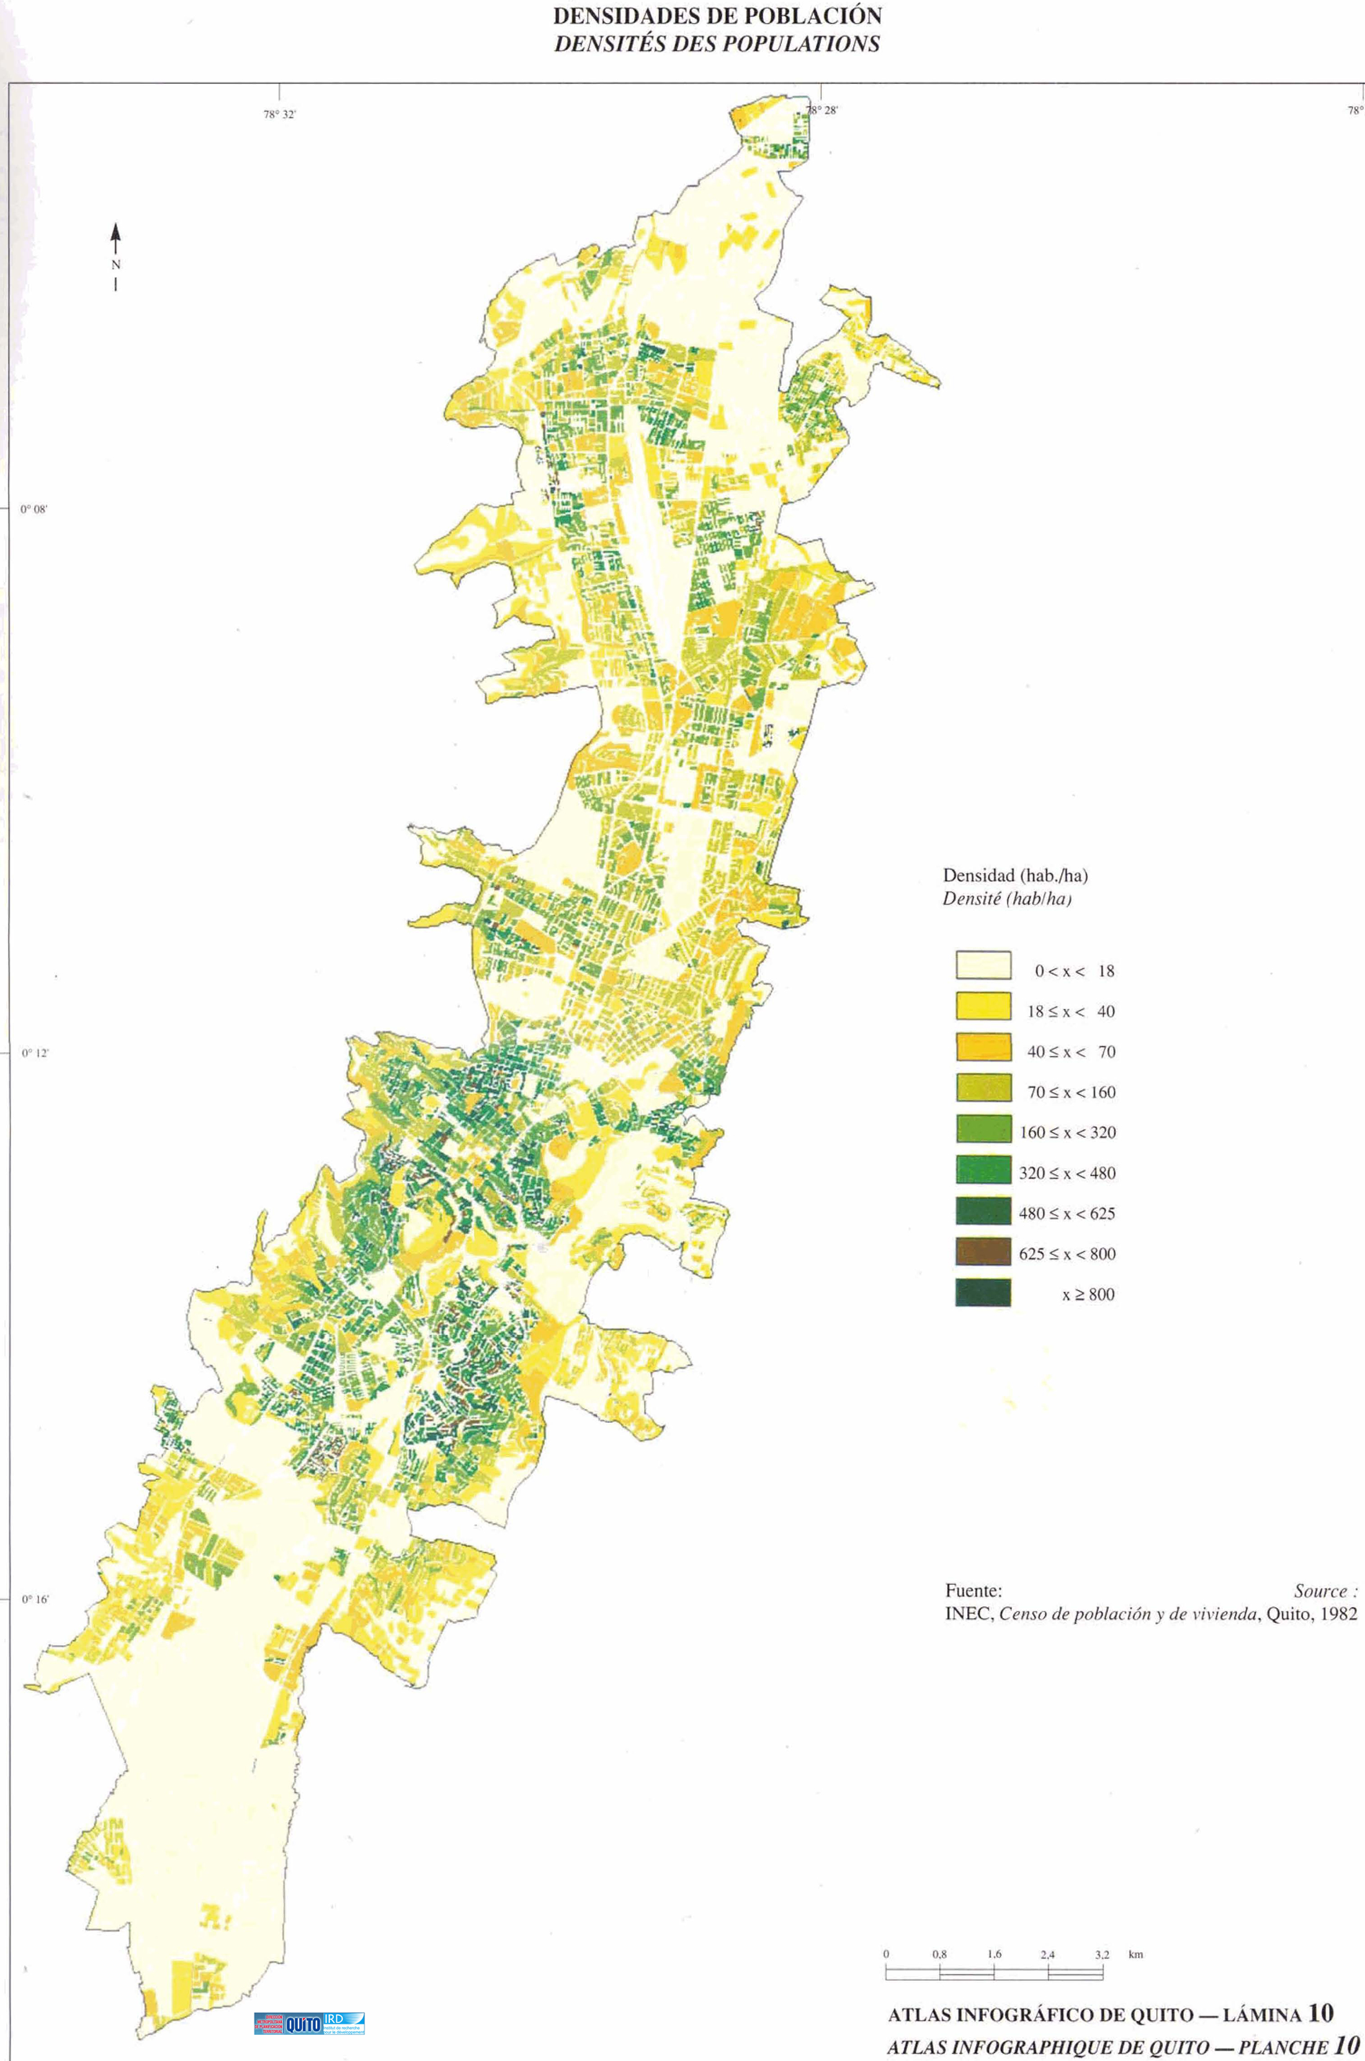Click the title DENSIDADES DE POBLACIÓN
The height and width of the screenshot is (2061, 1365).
717,16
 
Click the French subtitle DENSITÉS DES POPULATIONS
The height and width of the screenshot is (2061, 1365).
717,43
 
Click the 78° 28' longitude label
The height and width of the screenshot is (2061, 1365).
821,110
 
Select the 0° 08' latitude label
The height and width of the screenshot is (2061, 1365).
34,510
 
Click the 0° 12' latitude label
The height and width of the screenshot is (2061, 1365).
35,1053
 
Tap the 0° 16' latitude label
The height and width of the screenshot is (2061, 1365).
35,1600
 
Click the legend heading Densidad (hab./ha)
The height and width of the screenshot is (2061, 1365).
1015,876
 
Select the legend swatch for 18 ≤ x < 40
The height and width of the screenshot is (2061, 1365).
983,1006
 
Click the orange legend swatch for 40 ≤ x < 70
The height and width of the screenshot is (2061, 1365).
983,1047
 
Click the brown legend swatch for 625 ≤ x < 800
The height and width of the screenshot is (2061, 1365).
983,1251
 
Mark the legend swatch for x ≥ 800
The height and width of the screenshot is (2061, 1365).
983,1292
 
